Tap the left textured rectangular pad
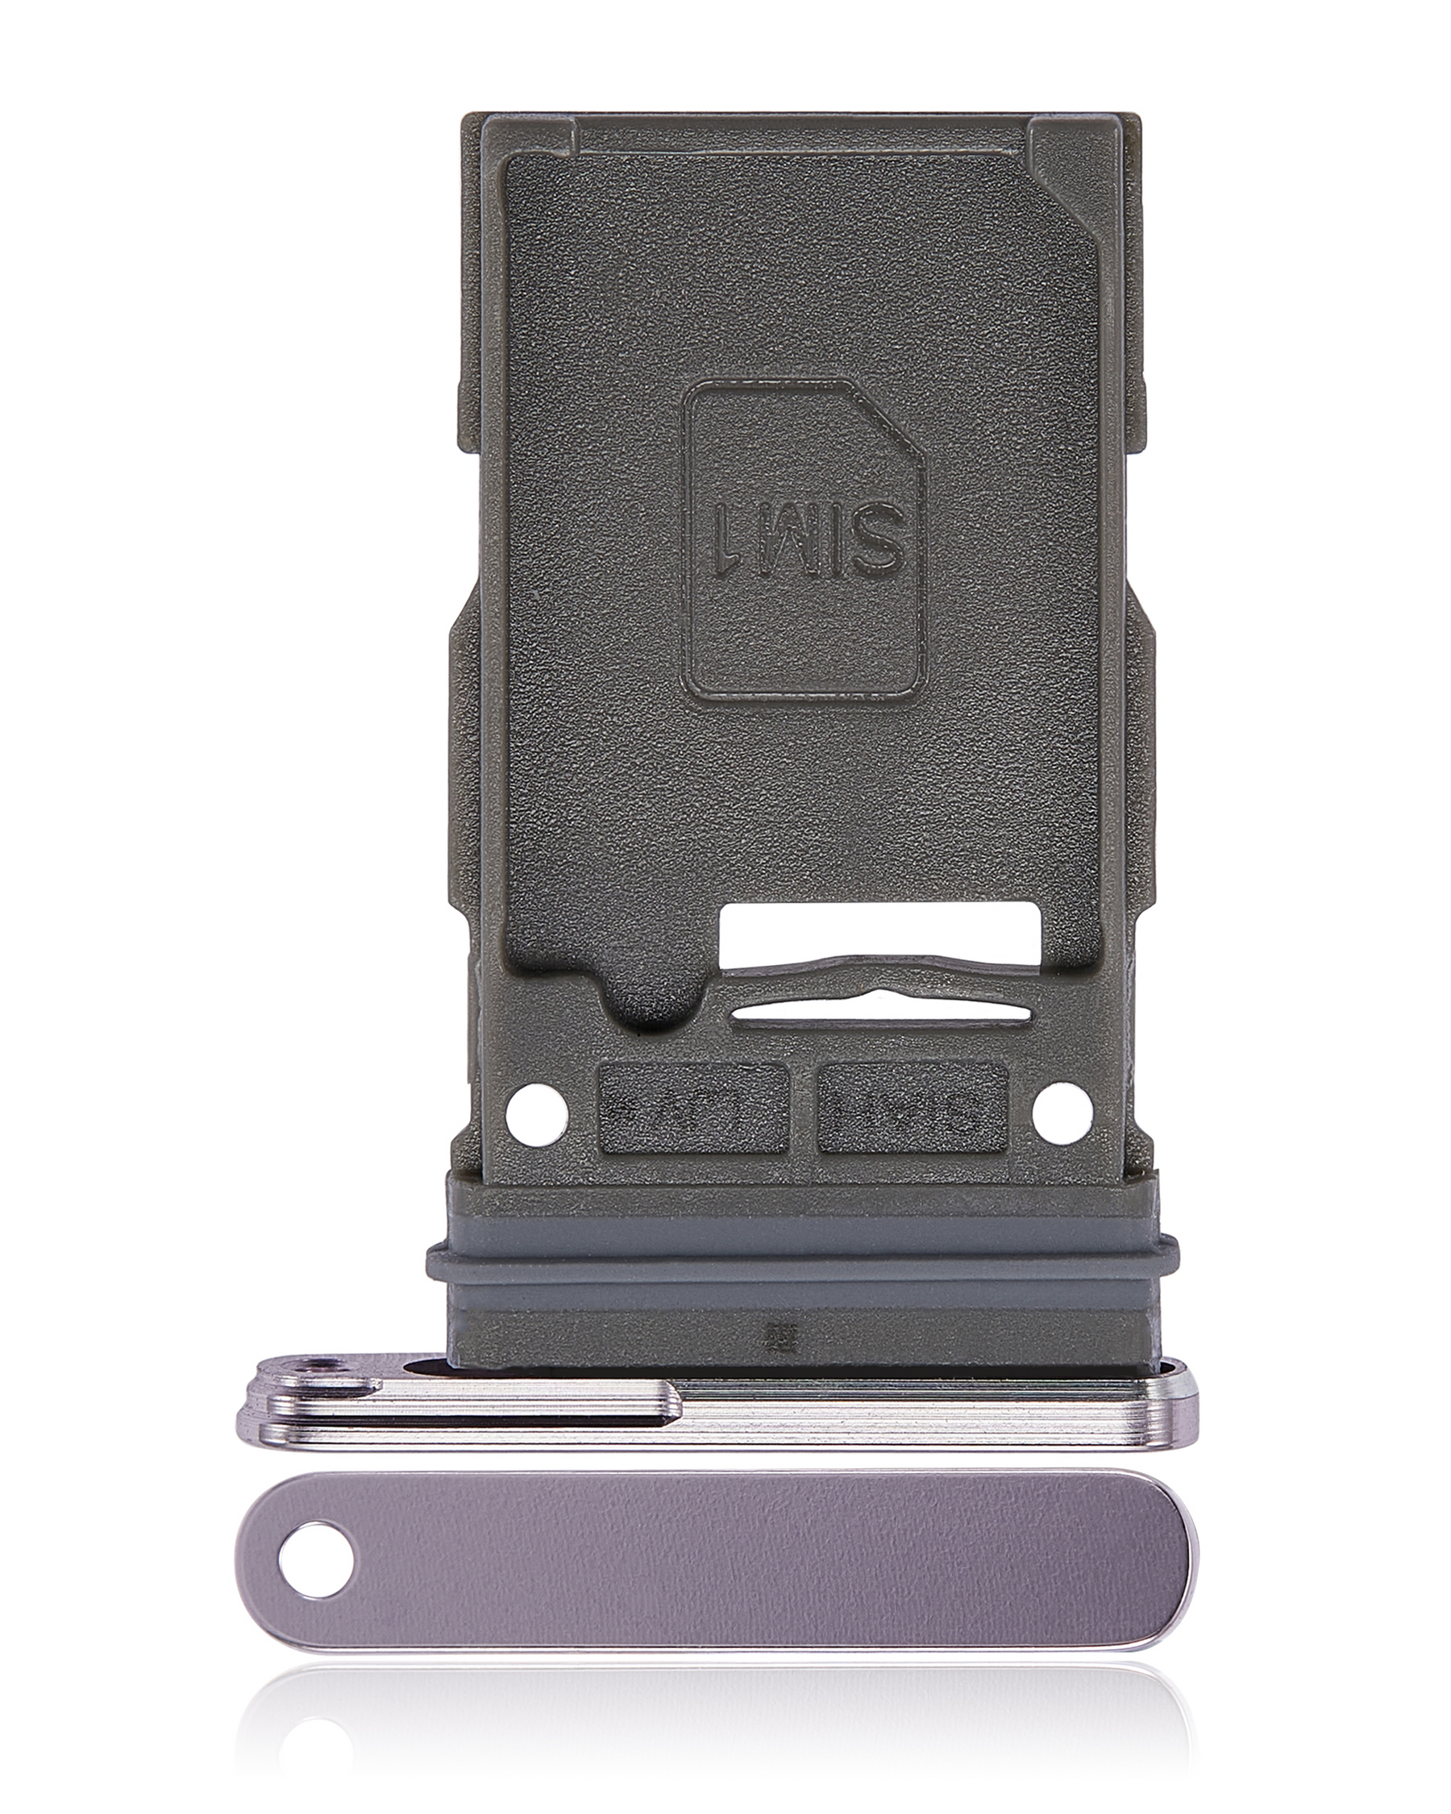[692, 1107]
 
